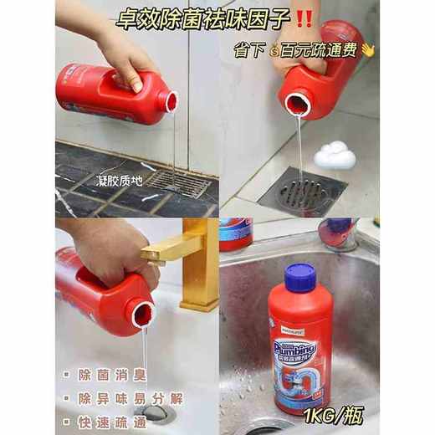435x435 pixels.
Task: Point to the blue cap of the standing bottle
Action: click(x=299, y=275)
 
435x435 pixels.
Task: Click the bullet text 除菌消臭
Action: click(x=101, y=367)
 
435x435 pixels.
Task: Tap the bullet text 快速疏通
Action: click(x=101, y=417)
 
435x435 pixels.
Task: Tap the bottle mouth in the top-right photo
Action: click(x=297, y=105)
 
